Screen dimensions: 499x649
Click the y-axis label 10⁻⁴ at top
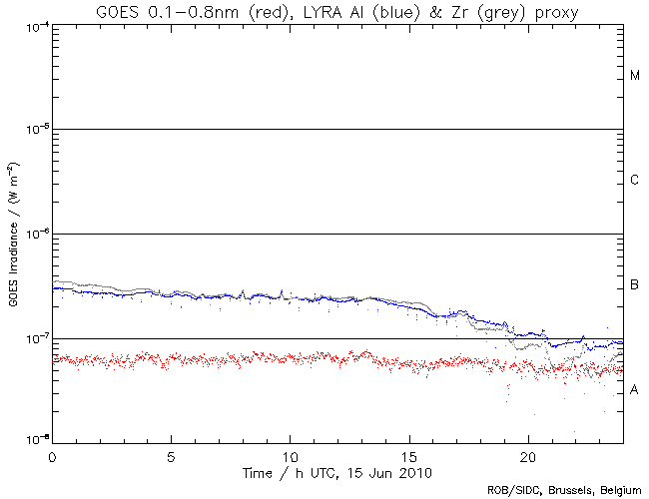point(35,25)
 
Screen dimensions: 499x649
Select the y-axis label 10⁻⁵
point(35,130)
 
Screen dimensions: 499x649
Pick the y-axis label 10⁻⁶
point(35,235)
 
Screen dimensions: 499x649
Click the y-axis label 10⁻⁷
point(35,339)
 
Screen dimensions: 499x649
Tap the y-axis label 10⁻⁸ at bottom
point(35,440)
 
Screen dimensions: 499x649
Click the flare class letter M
point(635,76)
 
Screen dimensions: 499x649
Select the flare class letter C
point(635,181)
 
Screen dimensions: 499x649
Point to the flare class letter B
point(635,286)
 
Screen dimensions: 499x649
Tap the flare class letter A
point(635,390)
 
